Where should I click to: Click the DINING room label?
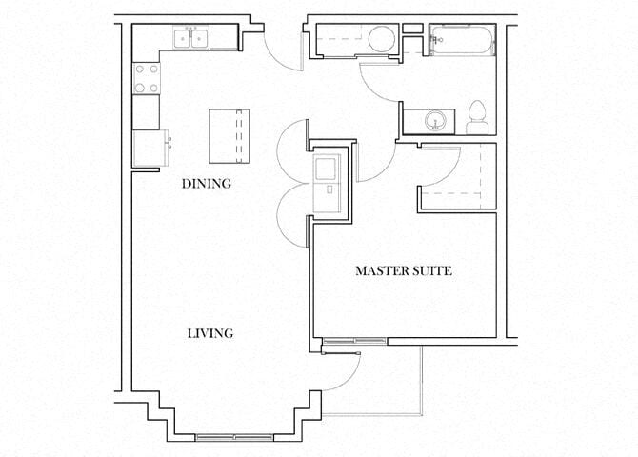(207, 184)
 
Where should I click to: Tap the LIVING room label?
(209, 333)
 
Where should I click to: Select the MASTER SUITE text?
(403, 271)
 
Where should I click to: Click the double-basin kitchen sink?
(192, 38)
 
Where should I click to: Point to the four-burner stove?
(146, 78)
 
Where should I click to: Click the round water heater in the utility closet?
(381, 40)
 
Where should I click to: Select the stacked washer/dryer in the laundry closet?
(329, 180)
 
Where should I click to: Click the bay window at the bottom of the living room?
(233, 437)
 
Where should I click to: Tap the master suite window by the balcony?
(353, 340)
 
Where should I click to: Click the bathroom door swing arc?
(379, 83)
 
